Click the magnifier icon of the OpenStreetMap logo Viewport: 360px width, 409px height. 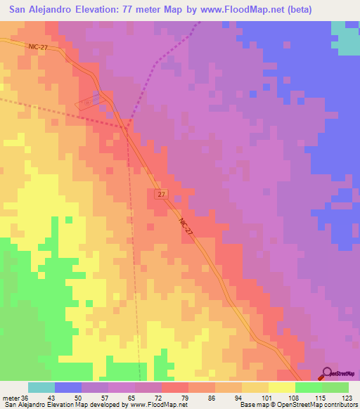pyautogui.click(x=328, y=374)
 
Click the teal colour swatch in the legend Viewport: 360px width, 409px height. pyautogui.click(x=41, y=387)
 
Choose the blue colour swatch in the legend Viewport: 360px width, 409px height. pyautogui.click(x=68, y=387)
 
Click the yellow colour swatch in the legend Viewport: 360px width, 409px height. pyautogui.click(x=282, y=387)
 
